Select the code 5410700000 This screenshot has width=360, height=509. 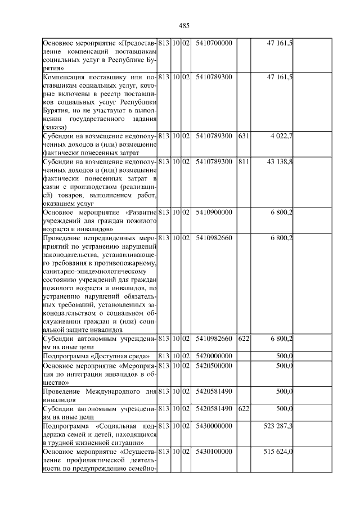point(214,43)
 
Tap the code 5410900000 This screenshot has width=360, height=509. point(214,213)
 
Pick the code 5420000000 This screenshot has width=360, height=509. point(214,356)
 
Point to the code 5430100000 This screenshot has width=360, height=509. point(214,452)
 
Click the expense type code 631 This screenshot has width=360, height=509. point(244,136)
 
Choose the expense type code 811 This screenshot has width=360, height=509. point(244,162)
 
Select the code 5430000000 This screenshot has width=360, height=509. point(214,426)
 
